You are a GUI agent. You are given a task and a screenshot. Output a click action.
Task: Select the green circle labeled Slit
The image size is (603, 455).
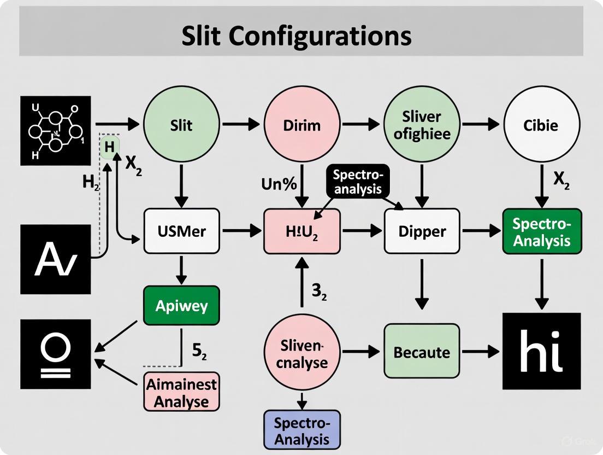pyautogui.click(x=181, y=125)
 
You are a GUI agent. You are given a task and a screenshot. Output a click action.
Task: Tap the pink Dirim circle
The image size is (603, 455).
pyautogui.click(x=301, y=125)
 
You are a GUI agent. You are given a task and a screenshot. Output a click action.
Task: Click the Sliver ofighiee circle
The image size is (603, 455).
pyautogui.click(x=422, y=125)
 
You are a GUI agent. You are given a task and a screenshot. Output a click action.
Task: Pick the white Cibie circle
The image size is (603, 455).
pyautogui.click(x=541, y=125)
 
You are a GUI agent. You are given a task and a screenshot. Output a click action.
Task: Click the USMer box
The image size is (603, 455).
pyautogui.click(x=181, y=231)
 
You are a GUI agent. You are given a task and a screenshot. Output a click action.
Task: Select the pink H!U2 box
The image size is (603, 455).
pyautogui.click(x=301, y=231)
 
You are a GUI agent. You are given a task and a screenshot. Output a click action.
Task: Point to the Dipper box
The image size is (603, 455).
pyautogui.click(x=422, y=231)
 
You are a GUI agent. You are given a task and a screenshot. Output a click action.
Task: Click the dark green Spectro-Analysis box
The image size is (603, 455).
pyautogui.click(x=542, y=231)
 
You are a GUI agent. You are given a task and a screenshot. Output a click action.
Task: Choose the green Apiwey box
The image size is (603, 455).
pyautogui.click(x=181, y=305)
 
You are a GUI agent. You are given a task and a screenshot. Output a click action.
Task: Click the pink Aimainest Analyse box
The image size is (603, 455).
pyautogui.click(x=181, y=392)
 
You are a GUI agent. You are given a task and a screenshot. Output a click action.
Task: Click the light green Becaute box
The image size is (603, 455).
pyautogui.click(x=422, y=352)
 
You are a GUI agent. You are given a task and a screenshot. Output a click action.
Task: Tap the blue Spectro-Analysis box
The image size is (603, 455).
pyautogui.click(x=301, y=430)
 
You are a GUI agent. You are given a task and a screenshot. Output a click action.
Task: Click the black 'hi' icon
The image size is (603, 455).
pyautogui.click(x=541, y=351)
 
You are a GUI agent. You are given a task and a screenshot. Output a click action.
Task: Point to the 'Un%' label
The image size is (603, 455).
pyautogui.click(x=279, y=184)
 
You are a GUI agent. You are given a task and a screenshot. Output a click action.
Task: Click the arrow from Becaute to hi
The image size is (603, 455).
pyautogui.click(x=480, y=352)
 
